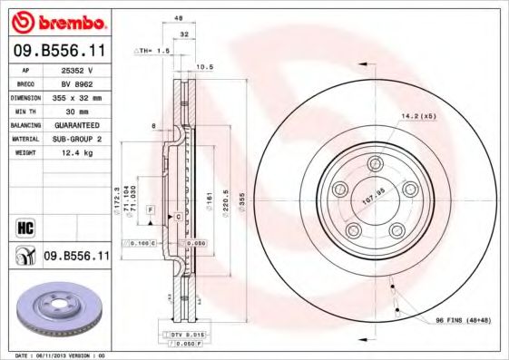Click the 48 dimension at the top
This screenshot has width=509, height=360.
point(178,18)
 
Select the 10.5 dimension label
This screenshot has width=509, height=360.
point(205,66)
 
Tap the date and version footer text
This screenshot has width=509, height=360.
point(61,355)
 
